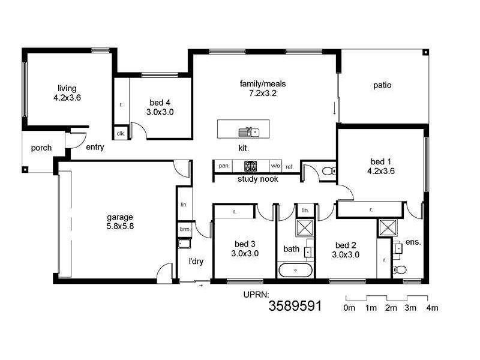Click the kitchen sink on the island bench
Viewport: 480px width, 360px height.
tap(247, 131)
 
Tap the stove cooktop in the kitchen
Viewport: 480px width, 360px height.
tap(250, 166)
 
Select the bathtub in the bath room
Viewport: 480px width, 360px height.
tap(296, 270)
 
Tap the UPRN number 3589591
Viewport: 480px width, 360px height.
tap(295, 306)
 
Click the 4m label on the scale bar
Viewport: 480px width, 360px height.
tap(431, 308)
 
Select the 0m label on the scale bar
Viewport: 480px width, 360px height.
tap(350, 308)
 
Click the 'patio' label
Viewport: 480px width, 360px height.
tap(382, 85)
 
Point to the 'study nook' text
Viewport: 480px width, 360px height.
tap(258, 179)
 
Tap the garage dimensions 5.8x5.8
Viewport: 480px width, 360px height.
tap(120, 226)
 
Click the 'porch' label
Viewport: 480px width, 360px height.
tap(41, 148)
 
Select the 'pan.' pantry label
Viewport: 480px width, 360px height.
tap(224, 166)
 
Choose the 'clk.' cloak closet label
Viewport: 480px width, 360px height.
tap(120, 133)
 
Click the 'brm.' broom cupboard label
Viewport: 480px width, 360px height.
tap(184, 229)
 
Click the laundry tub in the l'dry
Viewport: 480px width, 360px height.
tap(184, 244)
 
